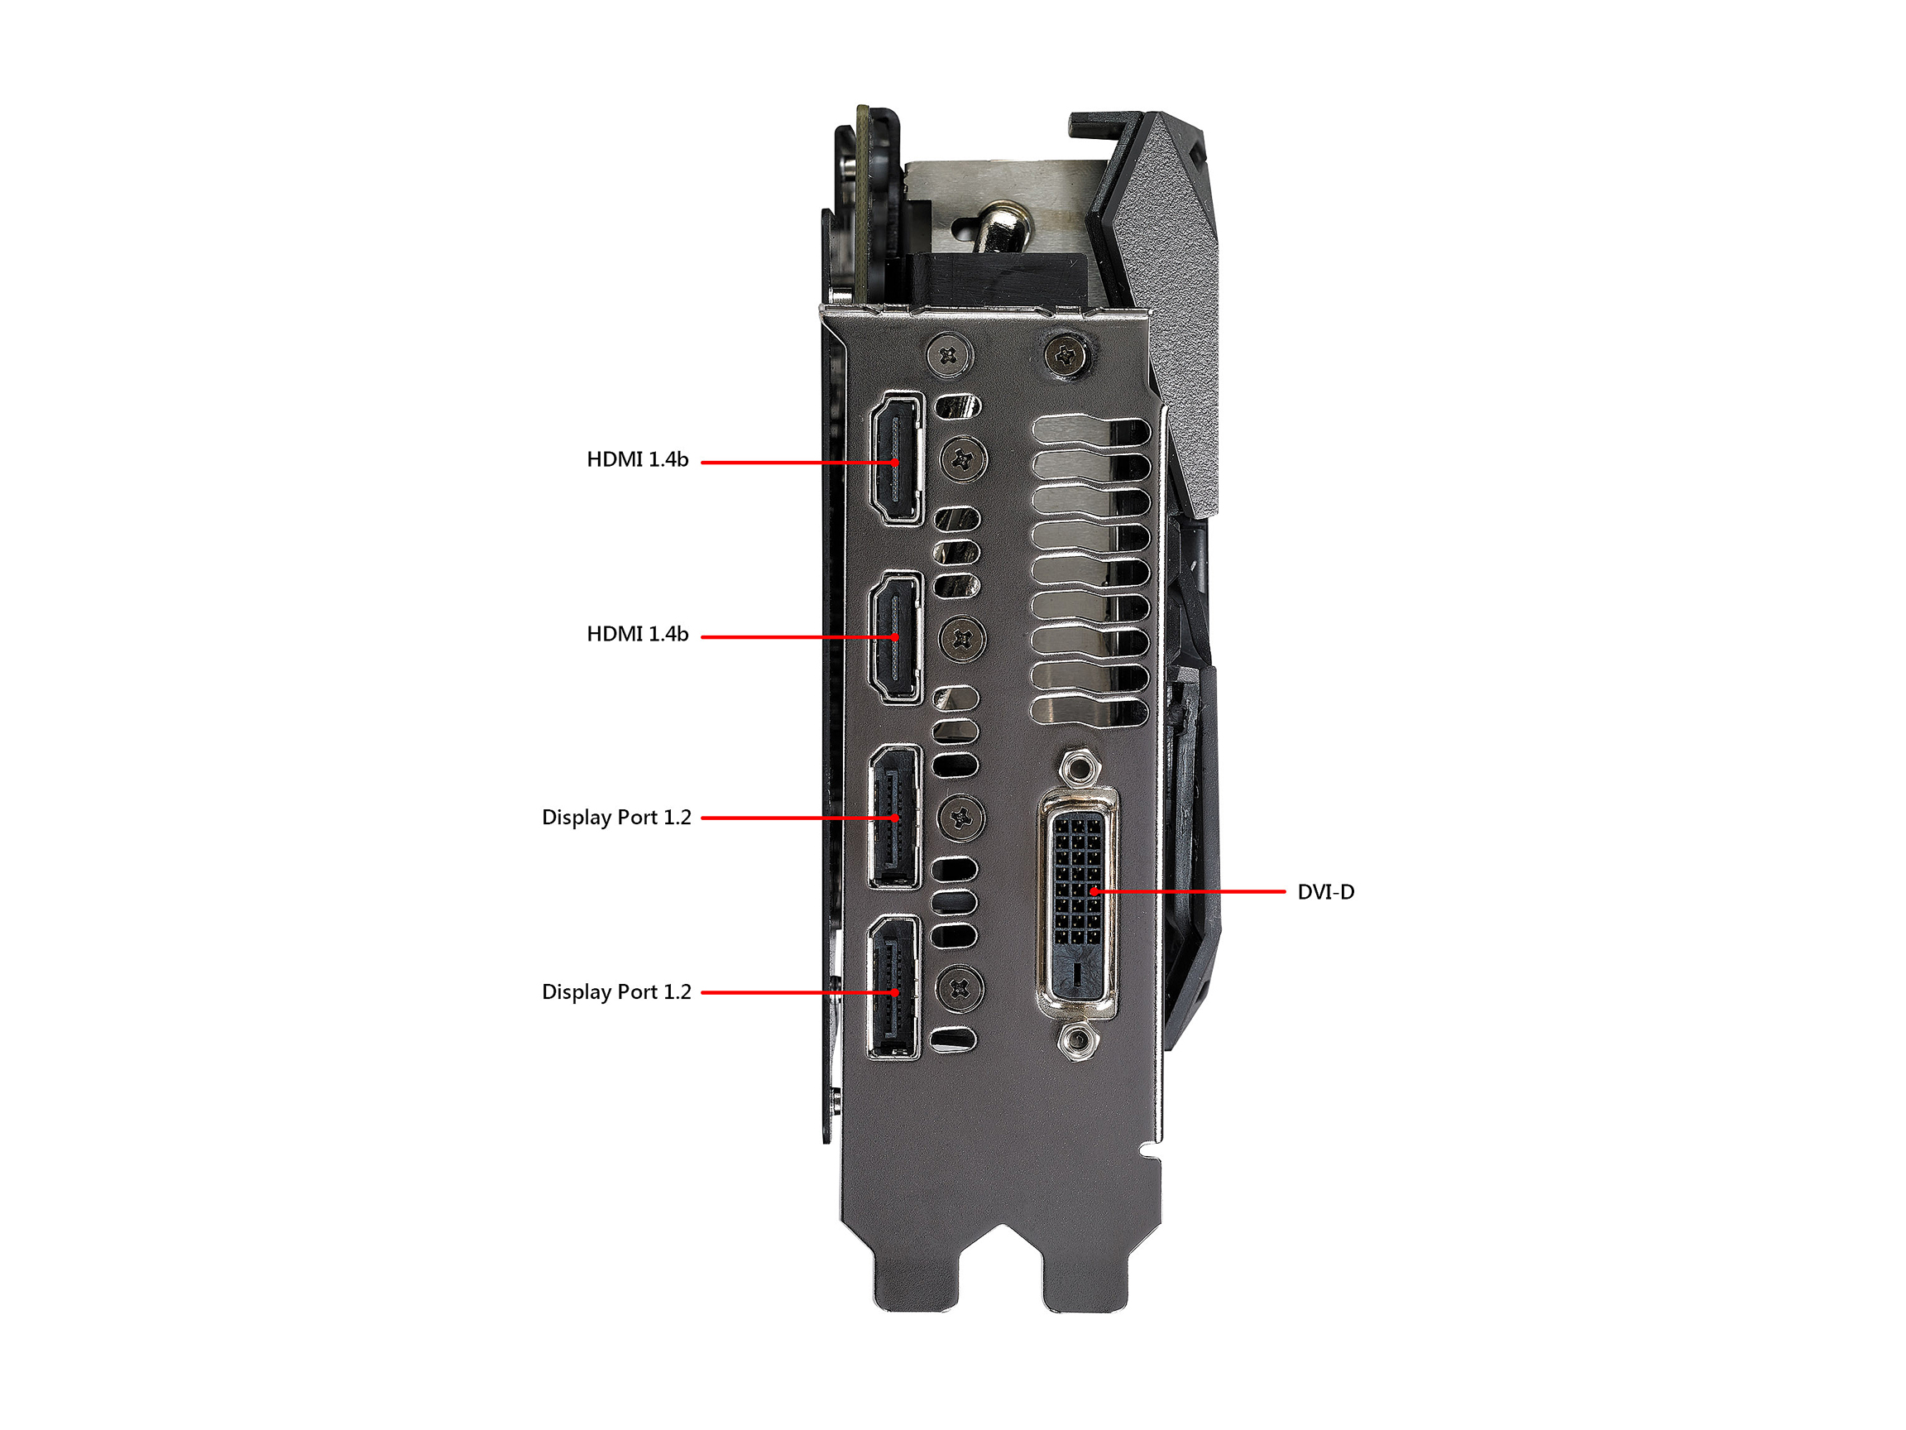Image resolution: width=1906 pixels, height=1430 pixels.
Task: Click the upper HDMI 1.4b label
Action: (638, 459)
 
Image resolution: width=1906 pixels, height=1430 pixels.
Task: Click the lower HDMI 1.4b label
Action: (638, 635)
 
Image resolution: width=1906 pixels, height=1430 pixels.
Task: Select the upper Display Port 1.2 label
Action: (617, 817)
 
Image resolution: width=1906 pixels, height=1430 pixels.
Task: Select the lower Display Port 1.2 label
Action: (617, 992)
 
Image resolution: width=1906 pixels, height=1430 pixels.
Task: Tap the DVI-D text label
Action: (1325, 892)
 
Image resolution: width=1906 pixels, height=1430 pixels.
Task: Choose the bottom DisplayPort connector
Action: (894, 987)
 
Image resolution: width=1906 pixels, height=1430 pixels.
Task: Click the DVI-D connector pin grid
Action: (1077, 879)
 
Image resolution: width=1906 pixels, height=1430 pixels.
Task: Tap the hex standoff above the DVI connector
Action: (1076, 765)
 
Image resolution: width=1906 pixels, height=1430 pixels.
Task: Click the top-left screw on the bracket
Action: (950, 354)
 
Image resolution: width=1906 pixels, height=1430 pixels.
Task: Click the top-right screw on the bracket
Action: (1069, 353)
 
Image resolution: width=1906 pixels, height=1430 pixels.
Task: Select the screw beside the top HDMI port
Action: (962, 459)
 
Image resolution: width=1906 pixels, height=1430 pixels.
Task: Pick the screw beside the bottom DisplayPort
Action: (959, 989)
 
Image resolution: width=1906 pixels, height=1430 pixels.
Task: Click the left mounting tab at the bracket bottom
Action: (915, 1274)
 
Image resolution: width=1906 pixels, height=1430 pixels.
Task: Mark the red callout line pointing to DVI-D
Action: (1188, 892)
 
